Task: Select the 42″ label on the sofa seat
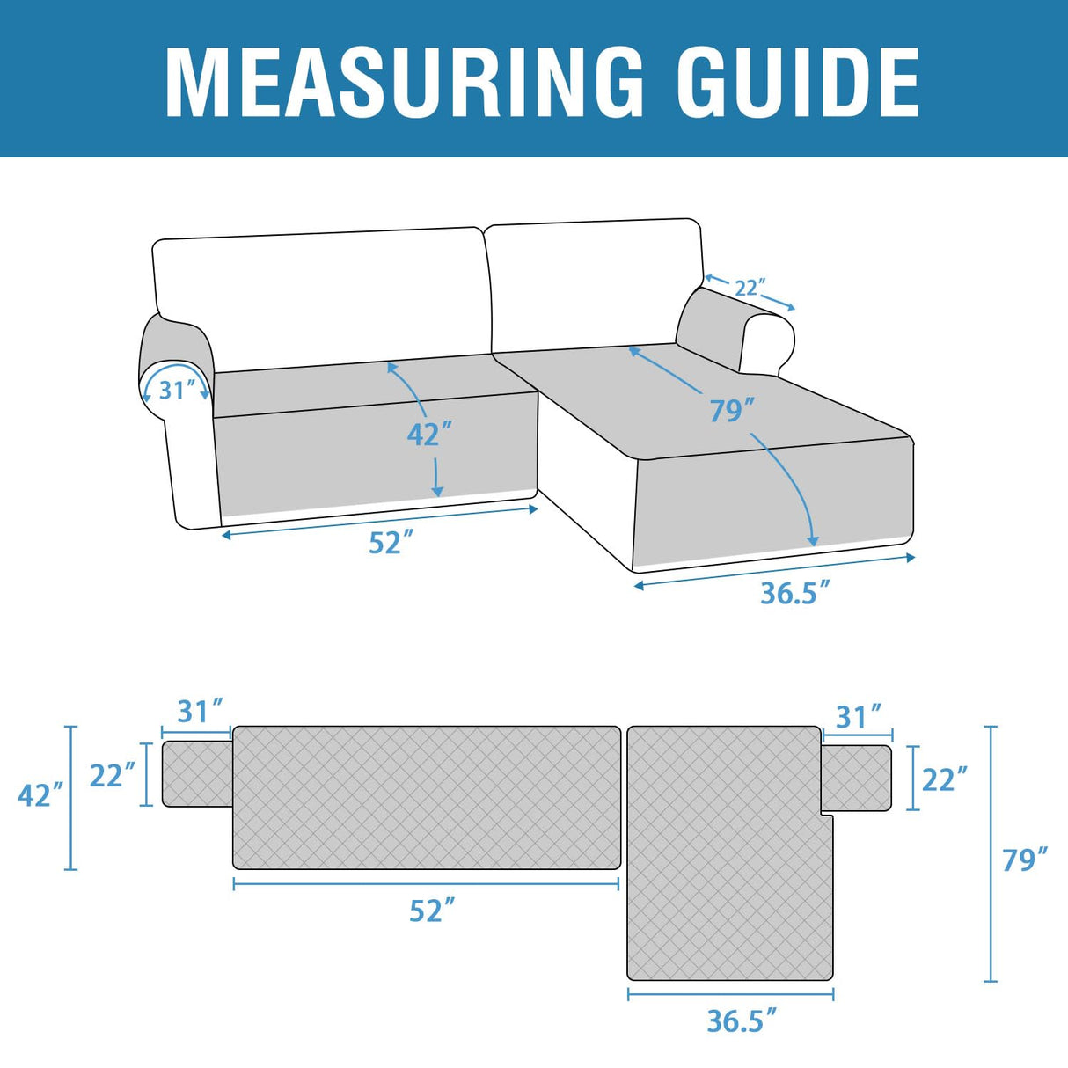(429, 435)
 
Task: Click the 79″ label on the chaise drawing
(732, 410)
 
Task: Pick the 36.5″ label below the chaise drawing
(794, 593)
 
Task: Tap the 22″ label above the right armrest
(750, 288)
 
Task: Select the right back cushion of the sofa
(594, 282)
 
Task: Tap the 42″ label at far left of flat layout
(40, 794)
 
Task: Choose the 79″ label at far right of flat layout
(1025, 860)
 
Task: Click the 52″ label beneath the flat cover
(432, 911)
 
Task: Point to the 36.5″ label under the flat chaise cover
(742, 1020)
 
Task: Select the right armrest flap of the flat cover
(855, 778)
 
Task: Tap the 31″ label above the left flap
(200, 711)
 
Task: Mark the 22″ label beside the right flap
(944, 779)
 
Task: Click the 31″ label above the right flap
(858, 717)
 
